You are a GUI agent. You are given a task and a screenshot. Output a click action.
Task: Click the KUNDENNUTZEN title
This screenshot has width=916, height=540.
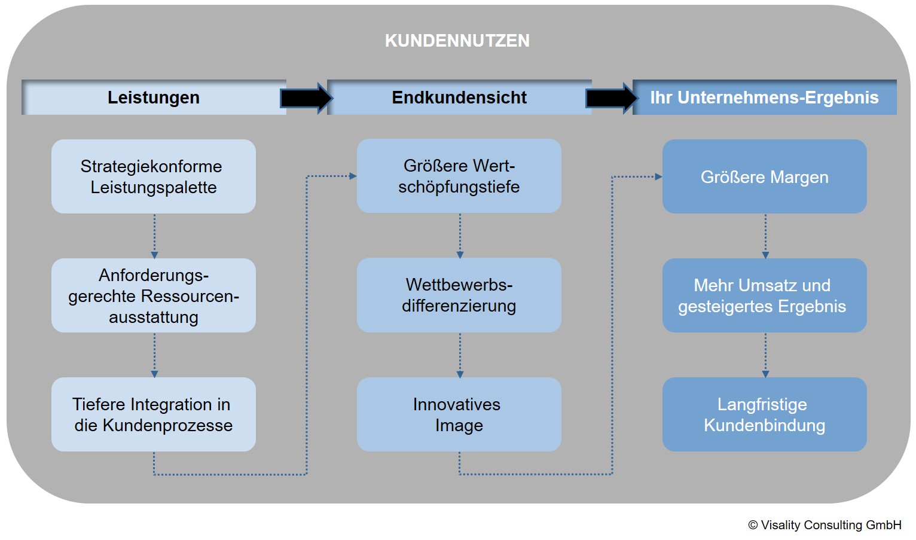pos(457,41)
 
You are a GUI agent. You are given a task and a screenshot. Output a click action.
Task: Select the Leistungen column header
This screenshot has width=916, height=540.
pos(154,97)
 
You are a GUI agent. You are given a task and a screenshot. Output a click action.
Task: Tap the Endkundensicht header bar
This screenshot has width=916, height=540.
pos(459,97)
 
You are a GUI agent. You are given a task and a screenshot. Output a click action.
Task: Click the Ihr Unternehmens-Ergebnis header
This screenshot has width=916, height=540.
pos(765,97)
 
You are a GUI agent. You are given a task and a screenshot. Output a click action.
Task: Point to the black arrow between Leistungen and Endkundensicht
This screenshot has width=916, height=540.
pos(307,98)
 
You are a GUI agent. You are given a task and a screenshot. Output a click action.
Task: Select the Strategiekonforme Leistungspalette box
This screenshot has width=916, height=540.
pos(154,176)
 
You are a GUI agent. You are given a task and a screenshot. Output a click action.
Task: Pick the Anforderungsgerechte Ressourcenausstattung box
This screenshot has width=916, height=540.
pos(154,295)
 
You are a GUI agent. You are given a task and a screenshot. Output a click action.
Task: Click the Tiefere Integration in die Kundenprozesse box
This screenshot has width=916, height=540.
pos(154,414)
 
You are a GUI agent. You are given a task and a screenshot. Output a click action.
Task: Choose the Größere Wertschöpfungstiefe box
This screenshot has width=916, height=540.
pos(459,176)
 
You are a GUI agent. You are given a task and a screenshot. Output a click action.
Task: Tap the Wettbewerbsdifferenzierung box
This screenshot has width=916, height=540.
pos(459,295)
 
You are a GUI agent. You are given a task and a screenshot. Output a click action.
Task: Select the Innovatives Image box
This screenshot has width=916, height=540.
pos(459,414)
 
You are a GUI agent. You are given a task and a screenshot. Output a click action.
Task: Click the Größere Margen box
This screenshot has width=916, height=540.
pos(765,176)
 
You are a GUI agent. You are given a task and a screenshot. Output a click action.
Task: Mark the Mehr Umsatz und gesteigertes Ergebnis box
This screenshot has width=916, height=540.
pos(765,295)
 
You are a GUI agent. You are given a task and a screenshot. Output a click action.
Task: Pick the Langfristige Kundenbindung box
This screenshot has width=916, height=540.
pos(765,414)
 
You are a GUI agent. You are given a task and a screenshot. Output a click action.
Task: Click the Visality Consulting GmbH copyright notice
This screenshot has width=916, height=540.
pos(825,525)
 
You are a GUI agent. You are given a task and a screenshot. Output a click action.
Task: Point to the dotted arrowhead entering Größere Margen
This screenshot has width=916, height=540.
pos(659,177)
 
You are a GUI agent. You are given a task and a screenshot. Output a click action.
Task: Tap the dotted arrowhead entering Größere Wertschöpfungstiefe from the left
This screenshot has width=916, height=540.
pos(353,176)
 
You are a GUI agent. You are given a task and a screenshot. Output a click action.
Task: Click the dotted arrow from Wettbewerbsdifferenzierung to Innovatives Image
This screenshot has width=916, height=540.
pos(460,355)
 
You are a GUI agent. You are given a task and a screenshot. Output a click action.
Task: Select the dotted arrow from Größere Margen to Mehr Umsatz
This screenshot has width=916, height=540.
pos(765,236)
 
